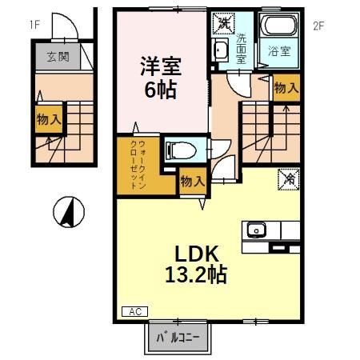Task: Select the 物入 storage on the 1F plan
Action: point(49,120)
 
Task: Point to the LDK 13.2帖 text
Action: point(195,263)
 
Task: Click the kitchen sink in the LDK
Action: point(258,230)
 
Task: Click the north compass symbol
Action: point(70,213)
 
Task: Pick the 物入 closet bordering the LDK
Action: point(193,181)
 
